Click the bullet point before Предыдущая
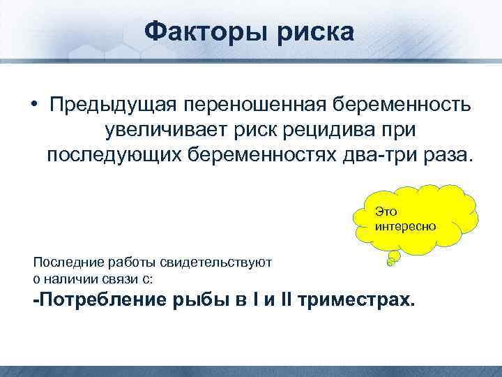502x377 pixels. (x=33, y=105)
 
